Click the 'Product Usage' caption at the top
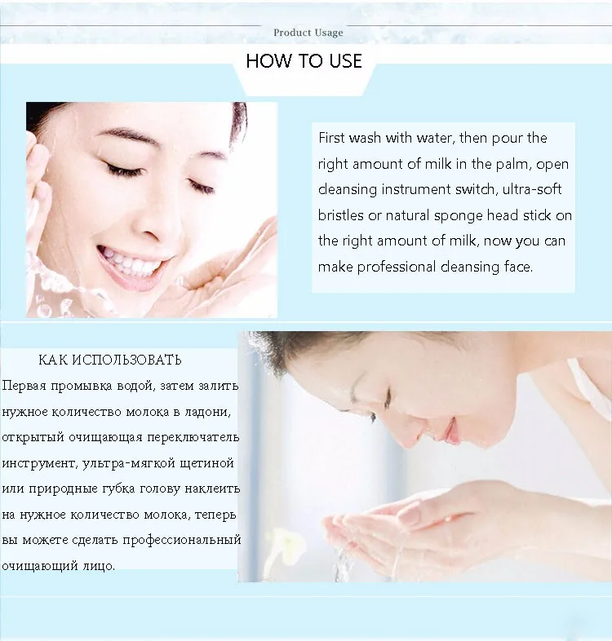[x=308, y=33]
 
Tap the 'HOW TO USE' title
[x=304, y=61]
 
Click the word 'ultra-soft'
[x=534, y=190]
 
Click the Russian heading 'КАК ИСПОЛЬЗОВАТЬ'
[x=110, y=360]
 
